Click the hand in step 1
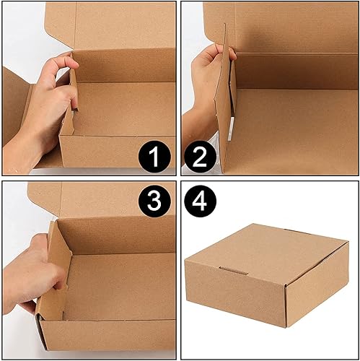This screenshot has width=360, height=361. [43, 101]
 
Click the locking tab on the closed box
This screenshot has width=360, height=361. [232, 273]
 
